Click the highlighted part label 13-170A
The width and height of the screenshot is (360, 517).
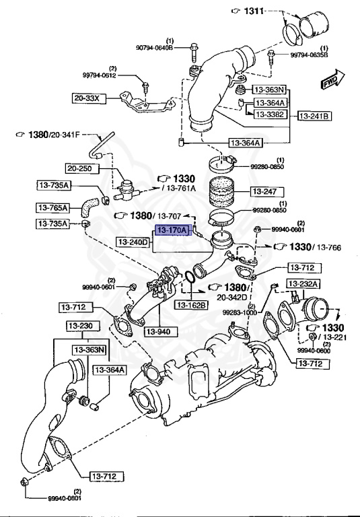(x=171, y=230)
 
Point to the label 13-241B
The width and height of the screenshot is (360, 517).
(x=315, y=116)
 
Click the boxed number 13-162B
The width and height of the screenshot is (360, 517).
(x=191, y=305)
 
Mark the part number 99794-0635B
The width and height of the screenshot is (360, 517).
(x=309, y=55)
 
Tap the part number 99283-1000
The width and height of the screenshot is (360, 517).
(x=241, y=312)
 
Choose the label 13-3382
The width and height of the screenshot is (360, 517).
(x=268, y=114)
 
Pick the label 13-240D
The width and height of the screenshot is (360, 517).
(x=133, y=241)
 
